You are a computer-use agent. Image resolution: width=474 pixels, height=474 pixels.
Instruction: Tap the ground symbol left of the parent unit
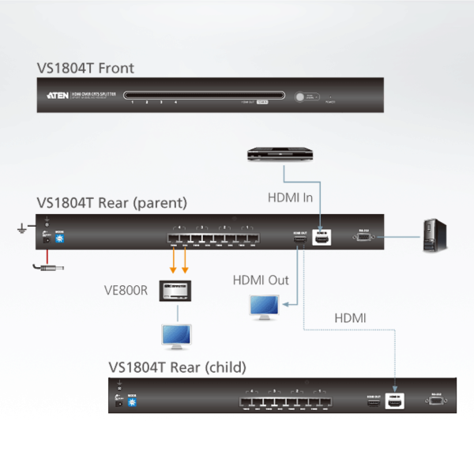[x=21, y=230]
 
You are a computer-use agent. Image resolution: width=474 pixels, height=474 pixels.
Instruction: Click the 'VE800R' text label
[x=127, y=289]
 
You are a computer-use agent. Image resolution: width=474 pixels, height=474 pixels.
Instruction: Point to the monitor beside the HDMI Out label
[x=264, y=307]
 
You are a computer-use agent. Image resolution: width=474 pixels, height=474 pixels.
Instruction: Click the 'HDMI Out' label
[x=260, y=280]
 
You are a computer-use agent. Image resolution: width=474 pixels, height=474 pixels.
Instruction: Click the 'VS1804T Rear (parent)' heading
[x=111, y=203]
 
